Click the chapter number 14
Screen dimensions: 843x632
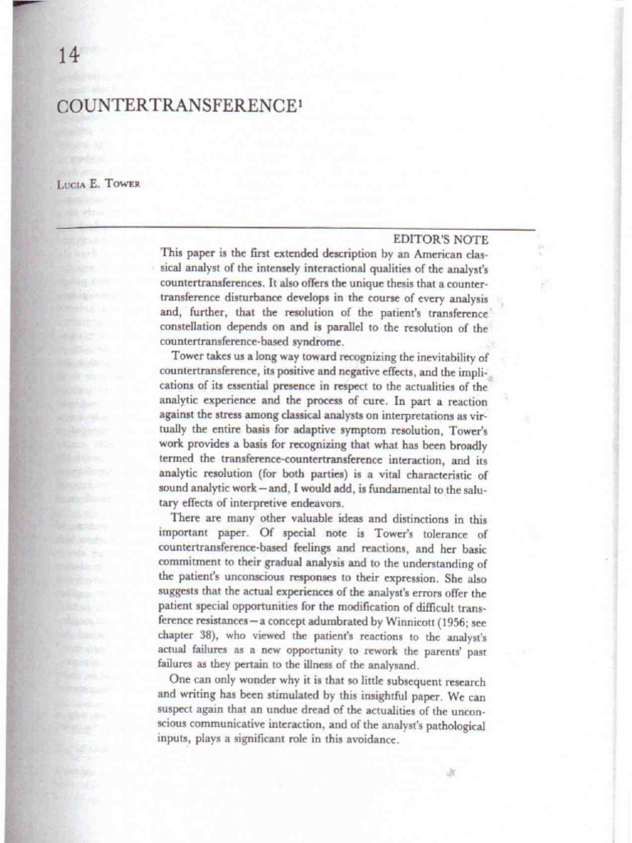click(x=68, y=57)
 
